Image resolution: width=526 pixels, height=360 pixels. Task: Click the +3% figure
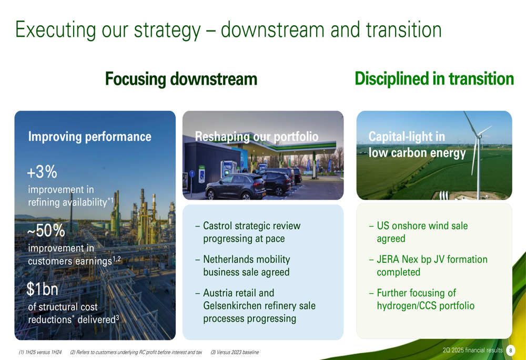point(42,172)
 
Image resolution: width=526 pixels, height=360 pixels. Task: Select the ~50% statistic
point(46,231)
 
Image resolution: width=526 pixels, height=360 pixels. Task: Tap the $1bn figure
point(42,289)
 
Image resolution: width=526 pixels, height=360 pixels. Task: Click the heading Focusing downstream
point(181,79)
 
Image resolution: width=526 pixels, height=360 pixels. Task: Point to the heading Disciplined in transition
point(434,79)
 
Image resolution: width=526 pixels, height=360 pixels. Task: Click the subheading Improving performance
point(89,137)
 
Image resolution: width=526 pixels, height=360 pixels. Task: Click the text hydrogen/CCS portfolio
point(426,306)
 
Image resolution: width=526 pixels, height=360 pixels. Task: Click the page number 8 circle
point(510,351)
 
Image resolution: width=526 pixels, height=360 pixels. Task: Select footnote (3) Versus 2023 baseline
point(235,352)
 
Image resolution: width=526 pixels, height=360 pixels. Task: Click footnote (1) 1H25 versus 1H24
point(40,352)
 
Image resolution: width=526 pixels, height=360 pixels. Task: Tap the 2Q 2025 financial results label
point(472,351)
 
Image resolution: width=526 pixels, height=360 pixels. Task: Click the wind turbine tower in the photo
point(479,168)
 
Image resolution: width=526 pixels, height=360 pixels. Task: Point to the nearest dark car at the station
point(236,187)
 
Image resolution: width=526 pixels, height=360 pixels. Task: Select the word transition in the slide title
point(403,29)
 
